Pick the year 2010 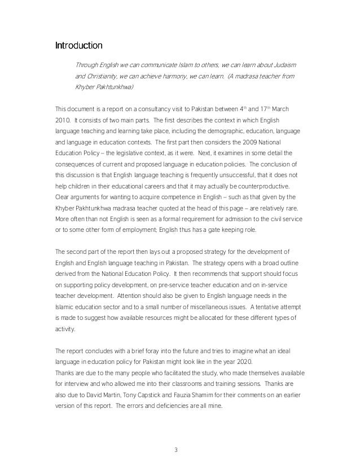point(63,121)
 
